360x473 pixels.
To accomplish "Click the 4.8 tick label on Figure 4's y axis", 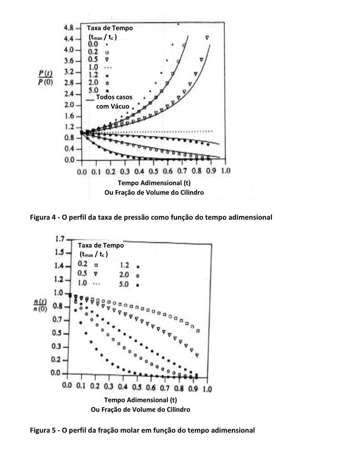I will (x=69, y=28).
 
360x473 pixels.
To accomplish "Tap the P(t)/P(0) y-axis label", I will (x=45, y=77).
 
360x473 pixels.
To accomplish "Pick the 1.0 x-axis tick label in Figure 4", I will (x=225, y=171).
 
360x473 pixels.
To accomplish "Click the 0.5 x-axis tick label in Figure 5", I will (x=137, y=388).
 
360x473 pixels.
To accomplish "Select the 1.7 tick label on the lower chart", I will (x=60, y=239).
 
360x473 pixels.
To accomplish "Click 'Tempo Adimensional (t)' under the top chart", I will (x=154, y=183).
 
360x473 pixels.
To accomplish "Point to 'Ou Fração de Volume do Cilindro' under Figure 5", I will (x=141, y=409).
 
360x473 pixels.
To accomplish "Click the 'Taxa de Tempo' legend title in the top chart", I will (x=110, y=28).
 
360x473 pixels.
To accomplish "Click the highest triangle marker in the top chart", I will (x=207, y=37).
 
